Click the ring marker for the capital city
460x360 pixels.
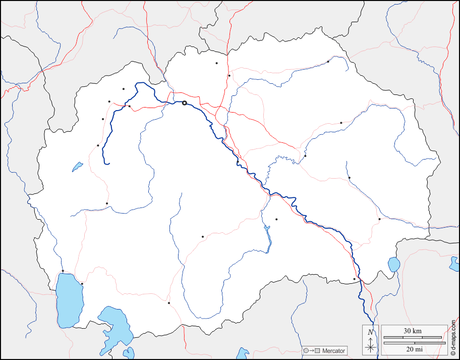[185, 103]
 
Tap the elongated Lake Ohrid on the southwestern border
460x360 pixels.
[68, 300]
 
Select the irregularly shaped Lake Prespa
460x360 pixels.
[116, 324]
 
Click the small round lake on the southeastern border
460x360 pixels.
[393, 264]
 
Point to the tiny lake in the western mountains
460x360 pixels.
[77, 166]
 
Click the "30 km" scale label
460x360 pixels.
[413, 331]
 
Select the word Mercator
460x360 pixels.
[334, 350]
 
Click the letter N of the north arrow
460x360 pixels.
[371, 332]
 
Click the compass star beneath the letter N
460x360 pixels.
[371, 347]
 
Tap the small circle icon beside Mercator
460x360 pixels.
[306, 350]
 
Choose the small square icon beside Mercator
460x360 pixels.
[318, 350]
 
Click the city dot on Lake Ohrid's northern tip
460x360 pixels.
[63, 271]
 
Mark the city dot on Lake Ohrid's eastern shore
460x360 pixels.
[82, 284]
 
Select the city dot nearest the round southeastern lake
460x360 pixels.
[354, 279]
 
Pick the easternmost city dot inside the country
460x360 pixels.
[379, 219]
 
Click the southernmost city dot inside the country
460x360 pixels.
[169, 303]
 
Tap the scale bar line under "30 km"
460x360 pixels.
[413, 337]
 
